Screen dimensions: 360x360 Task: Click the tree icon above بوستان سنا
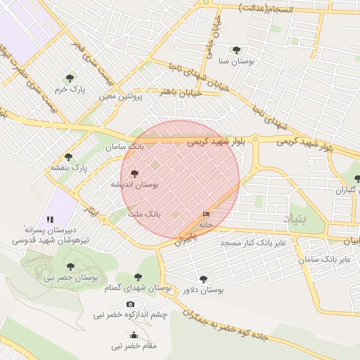(236, 50)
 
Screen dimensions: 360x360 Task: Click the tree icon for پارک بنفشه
(68, 157)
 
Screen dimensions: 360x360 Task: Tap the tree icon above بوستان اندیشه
(135, 173)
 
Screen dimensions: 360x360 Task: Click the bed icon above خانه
(206, 214)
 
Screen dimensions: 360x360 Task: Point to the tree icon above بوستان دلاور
(203, 279)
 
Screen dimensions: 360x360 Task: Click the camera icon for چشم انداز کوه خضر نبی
(130, 304)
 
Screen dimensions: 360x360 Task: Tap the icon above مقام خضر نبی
(134, 335)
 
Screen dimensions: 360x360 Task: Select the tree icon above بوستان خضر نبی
(70, 266)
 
